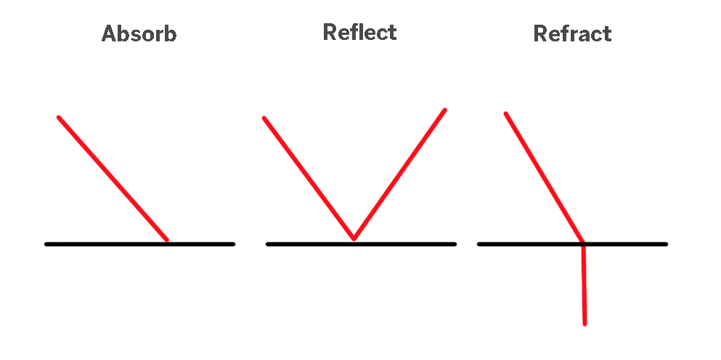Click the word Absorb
139,34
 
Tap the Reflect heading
359,33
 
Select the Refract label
572,34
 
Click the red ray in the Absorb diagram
113,178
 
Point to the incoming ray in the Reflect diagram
309,178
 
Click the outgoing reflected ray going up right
399,173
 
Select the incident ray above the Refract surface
545,178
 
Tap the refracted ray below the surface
584,285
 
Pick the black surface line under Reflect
407,244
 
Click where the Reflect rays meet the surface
354,239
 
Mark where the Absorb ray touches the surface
167,240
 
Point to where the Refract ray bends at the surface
583,243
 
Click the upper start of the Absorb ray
59,118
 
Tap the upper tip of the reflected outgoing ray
444,110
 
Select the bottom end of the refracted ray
584,323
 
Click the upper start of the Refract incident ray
506,114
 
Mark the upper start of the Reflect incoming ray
264,118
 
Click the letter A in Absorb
110,34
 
